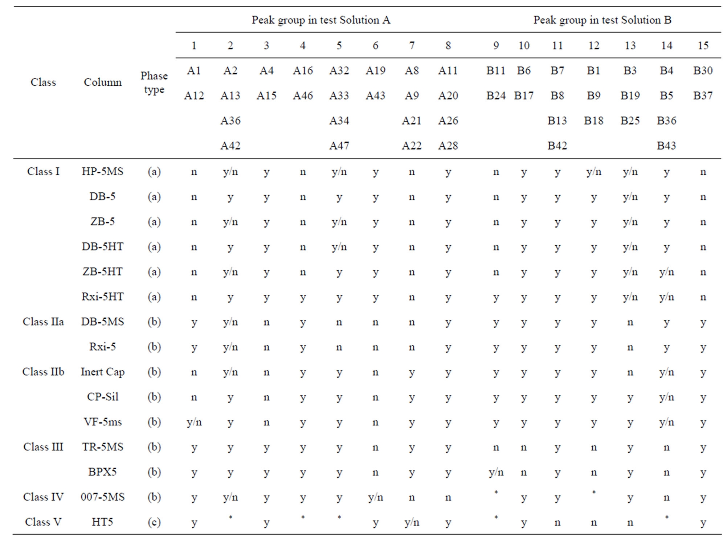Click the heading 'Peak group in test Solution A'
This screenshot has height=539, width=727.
321,20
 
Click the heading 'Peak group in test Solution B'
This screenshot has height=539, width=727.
602,20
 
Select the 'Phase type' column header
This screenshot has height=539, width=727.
154,82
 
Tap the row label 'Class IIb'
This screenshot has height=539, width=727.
43,372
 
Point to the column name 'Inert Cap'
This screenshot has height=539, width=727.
102,372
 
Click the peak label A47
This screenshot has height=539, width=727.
339,146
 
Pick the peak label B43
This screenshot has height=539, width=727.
666,146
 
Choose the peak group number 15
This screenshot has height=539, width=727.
703,45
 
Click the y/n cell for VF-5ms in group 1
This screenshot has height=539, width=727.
194,422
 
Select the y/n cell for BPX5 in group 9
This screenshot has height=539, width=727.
496,473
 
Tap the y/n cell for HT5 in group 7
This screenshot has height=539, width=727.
412,523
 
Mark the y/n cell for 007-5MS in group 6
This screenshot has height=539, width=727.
375,498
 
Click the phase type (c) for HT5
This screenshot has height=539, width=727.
154,522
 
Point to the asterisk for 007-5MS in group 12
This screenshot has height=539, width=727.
593,493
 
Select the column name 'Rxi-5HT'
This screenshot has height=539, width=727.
102,297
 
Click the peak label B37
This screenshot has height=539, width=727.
703,95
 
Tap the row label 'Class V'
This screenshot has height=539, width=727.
43,522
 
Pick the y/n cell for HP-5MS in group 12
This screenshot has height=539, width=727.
593,172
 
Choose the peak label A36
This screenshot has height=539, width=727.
230,121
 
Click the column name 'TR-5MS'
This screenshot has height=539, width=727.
102,447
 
